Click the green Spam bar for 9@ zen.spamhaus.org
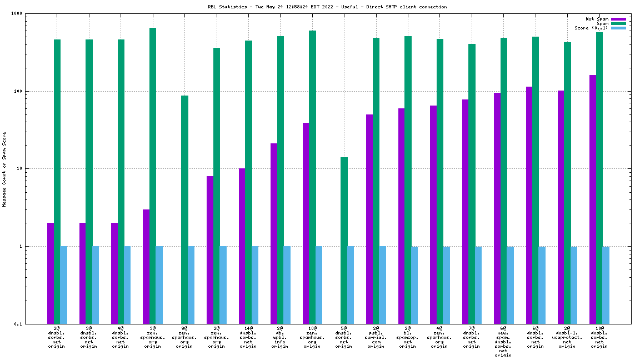(x=184, y=209)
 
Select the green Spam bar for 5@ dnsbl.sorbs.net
(x=344, y=240)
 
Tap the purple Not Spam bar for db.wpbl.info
(x=274, y=233)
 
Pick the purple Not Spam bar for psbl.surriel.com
(x=369, y=219)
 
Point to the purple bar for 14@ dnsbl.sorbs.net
(x=242, y=246)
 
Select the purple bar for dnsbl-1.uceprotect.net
(x=561, y=207)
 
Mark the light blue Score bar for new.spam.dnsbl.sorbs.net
(x=510, y=284)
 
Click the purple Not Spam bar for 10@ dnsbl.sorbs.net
(x=593, y=199)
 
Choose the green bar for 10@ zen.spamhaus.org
(x=312, y=177)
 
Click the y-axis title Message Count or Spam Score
(x=4, y=169)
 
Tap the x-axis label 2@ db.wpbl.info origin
(x=280, y=337)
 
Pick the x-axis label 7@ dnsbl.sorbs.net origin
(x=471, y=337)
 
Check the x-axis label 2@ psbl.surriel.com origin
(x=376, y=337)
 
